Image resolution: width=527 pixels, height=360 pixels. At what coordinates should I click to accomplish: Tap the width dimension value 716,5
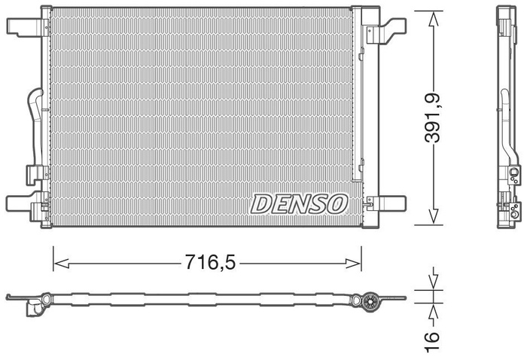coord(210,263)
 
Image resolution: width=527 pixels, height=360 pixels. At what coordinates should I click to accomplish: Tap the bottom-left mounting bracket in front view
coord(23,203)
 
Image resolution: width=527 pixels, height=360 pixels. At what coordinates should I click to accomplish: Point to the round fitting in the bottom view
coord(368,302)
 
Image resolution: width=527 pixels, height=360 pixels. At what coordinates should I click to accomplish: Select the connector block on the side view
coord(513,177)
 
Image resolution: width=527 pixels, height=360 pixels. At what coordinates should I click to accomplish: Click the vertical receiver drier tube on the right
coord(360,113)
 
